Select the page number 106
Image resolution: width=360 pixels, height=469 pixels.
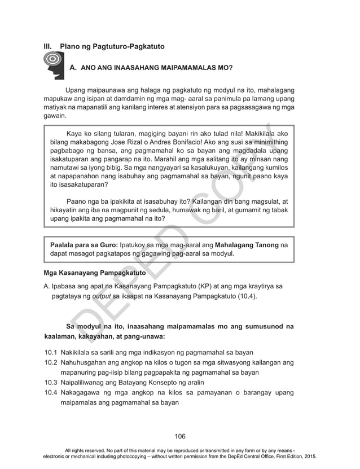tap(180, 436)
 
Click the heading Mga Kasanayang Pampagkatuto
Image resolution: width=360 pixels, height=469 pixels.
tap(95, 273)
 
